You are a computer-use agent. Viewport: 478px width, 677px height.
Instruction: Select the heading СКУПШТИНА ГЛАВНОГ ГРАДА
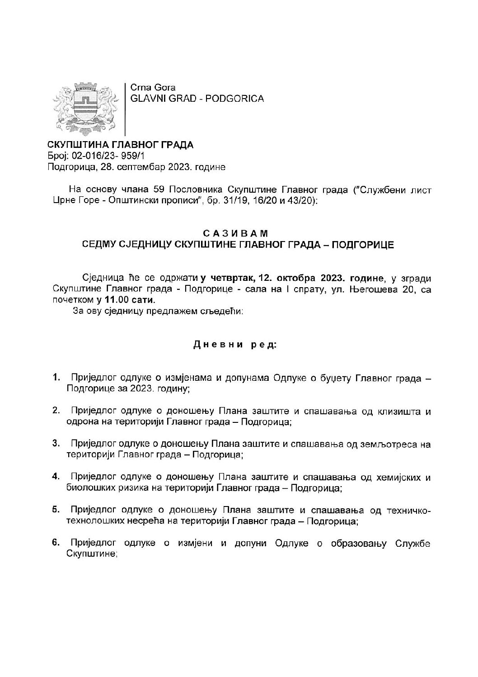coord(120,145)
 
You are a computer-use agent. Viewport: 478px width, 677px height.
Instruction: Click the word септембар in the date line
coord(136,167)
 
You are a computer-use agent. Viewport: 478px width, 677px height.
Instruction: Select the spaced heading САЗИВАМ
coord(235,233)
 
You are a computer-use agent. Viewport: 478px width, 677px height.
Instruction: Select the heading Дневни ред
coord(235,345)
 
